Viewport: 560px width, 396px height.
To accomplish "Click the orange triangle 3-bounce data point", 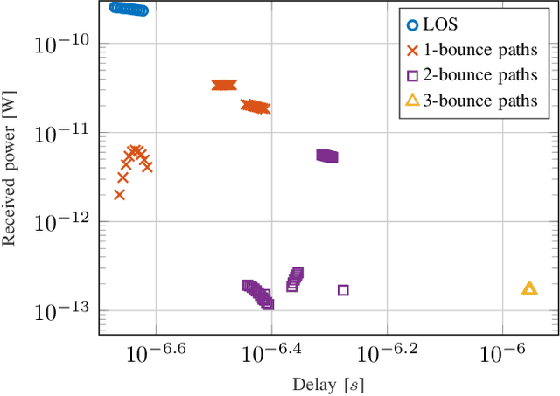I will pos(529,288).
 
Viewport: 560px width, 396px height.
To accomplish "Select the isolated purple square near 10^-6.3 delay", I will pos(343,289).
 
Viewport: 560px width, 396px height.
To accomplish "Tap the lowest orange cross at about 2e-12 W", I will pos(120,194).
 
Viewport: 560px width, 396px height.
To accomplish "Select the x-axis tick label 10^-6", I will pos(501,353).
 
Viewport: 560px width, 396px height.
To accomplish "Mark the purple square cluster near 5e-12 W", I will pos(326,156).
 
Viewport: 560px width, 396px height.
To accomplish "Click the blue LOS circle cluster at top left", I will pos(129,9).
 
